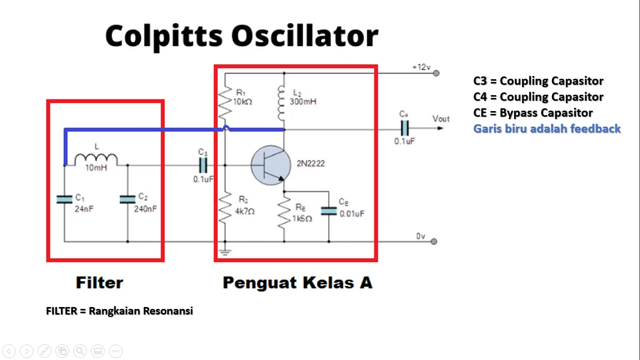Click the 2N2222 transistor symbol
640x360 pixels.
point(271,165)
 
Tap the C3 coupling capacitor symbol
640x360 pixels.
point(203,165)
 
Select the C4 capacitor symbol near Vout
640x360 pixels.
point(405,128)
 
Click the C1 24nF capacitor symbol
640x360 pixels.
point(64,199)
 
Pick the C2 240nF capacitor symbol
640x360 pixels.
point(127,199)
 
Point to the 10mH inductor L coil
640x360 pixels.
point(96,159)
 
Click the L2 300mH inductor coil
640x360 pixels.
point(281,103)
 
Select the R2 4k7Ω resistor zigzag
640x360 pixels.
point(225,207)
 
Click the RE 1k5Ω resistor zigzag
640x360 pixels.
point(284,212)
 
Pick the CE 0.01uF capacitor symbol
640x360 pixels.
point(329,211)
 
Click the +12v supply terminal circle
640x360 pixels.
point(436,73)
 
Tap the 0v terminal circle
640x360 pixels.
point(434,241)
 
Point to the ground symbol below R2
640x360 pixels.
point(225,252)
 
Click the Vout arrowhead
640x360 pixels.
point(440,128)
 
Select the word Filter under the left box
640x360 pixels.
point(99,283)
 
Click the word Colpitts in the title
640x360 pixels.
point(164,36)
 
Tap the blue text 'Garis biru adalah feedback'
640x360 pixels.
point(547,129)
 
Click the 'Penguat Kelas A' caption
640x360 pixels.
point(298,283)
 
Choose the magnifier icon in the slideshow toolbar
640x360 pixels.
point(80,351)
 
